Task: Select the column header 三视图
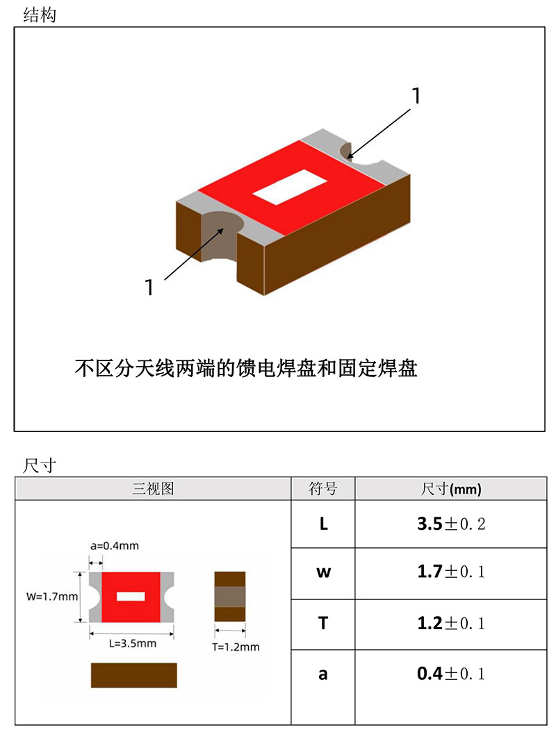point(153,489)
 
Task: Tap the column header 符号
point(322,489)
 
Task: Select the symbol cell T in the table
point(323,624)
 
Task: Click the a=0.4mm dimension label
point(114,547)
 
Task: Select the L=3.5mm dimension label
point(132,643)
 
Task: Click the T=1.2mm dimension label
point(236,647)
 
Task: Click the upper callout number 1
point(416,97)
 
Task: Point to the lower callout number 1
point(149,287)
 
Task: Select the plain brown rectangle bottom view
point(133,675)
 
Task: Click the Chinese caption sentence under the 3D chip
point(245,367)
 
